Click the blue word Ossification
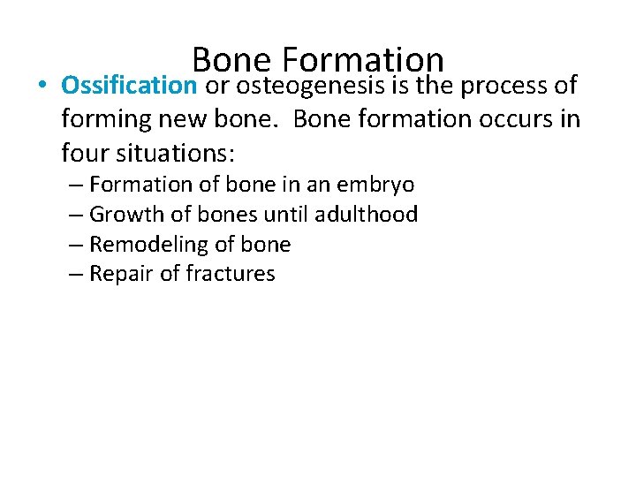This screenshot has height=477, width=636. tap(130, 86)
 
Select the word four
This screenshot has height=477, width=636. tap(84, 153)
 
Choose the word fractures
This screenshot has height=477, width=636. tap(231, 274)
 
